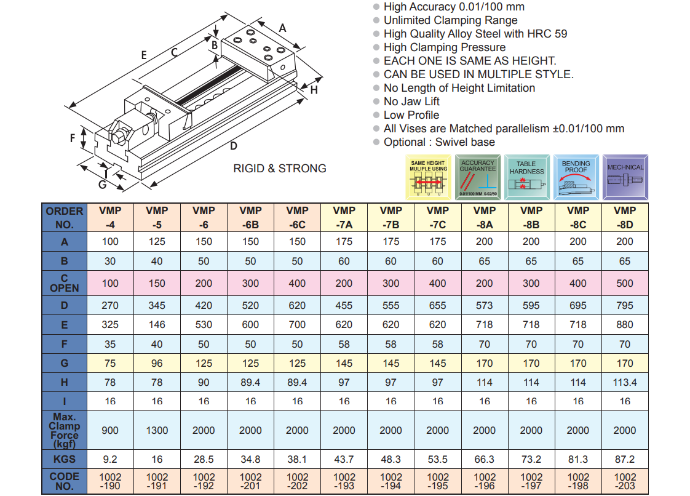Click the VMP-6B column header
click(250, 217)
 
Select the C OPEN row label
click(65, 283)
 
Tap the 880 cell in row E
click(625, 325)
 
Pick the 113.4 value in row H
click(625, 382)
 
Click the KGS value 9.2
click(110, 459)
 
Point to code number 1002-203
click(625, 481)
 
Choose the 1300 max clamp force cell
click(157, 430)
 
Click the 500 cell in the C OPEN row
click(625, 284)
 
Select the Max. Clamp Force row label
click(65, 430)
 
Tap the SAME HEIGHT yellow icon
click(429, 177)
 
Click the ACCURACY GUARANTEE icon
click(478, 177)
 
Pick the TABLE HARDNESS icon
click(527, 177)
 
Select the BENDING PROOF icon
click(576, 177)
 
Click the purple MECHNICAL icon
click(625, 177)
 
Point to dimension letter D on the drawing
click(234, 146)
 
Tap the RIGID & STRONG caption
click(280, 168)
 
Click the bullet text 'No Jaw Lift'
click(411, 102)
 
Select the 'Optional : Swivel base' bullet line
click(439, 142)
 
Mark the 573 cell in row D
click(485, 305)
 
